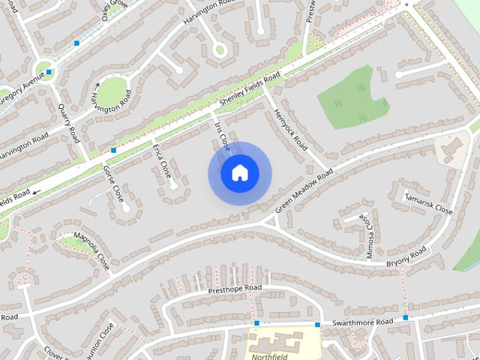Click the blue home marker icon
pos(239,173)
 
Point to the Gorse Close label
pos(112,184)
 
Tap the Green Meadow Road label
pos(303,192)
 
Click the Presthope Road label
pos(234,288)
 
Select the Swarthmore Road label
pos(362,322)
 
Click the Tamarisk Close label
pos(428,202)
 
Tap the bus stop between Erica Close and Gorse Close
pos(113,150)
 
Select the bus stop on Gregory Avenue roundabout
pos(49,73)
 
